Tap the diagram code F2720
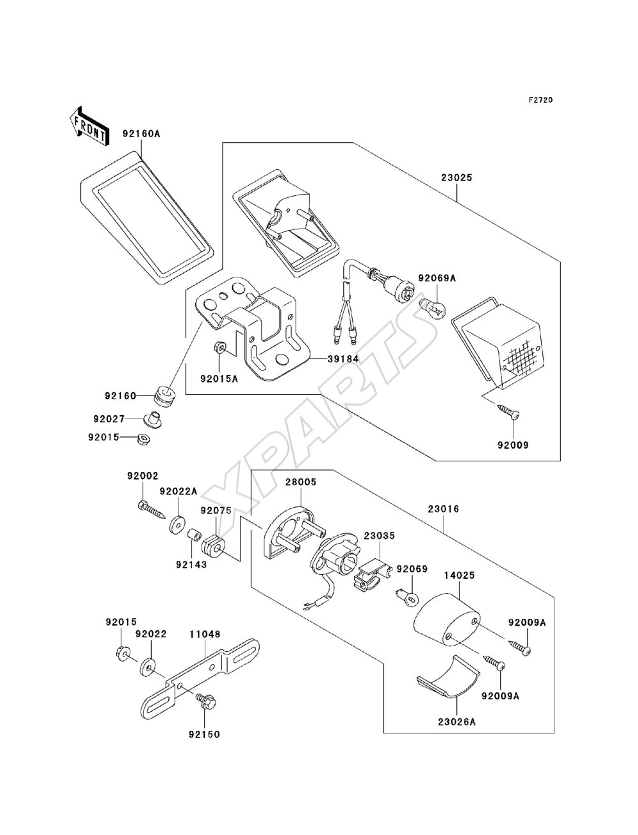pyautogui.click(x=540, y=100)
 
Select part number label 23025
pyautogui.click(x=457, y=177)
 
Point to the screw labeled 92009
pyautogui.click(x=508, y=413)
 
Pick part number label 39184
pyautogui.click(x=343, y=358)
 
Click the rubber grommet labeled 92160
pyautogui.click(x=165, y=396)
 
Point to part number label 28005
pyautogui.click(x=301, y=482)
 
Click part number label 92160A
pyautogui.click(x=141, y=133)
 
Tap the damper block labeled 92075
pyautogui.click(x=212, y=547)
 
